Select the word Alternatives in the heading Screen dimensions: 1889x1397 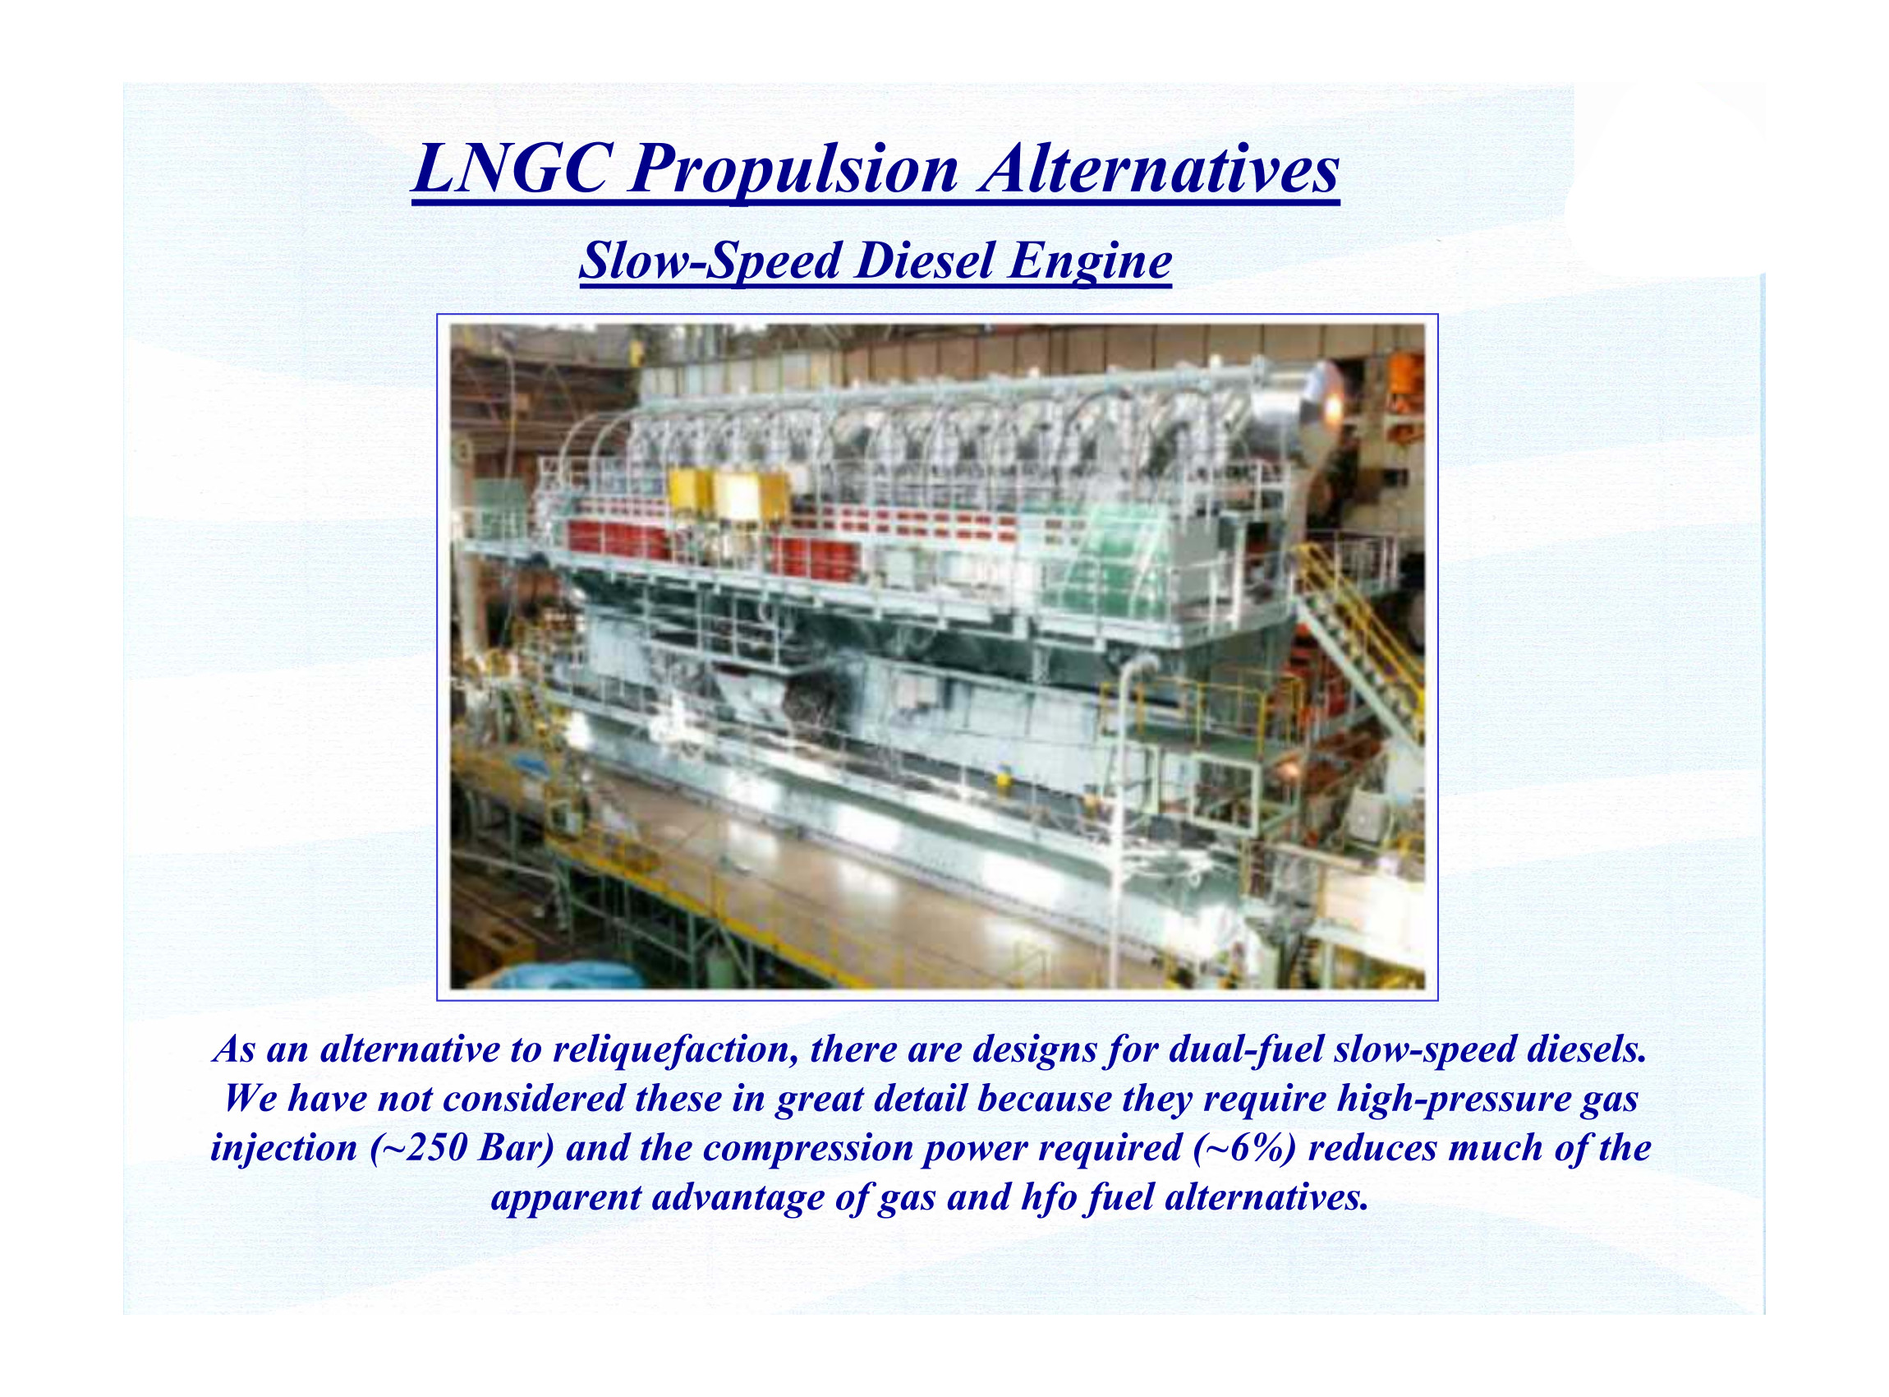point(1159,168)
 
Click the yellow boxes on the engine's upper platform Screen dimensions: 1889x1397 point(728,494)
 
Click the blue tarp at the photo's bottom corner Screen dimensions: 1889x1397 point(566,976)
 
